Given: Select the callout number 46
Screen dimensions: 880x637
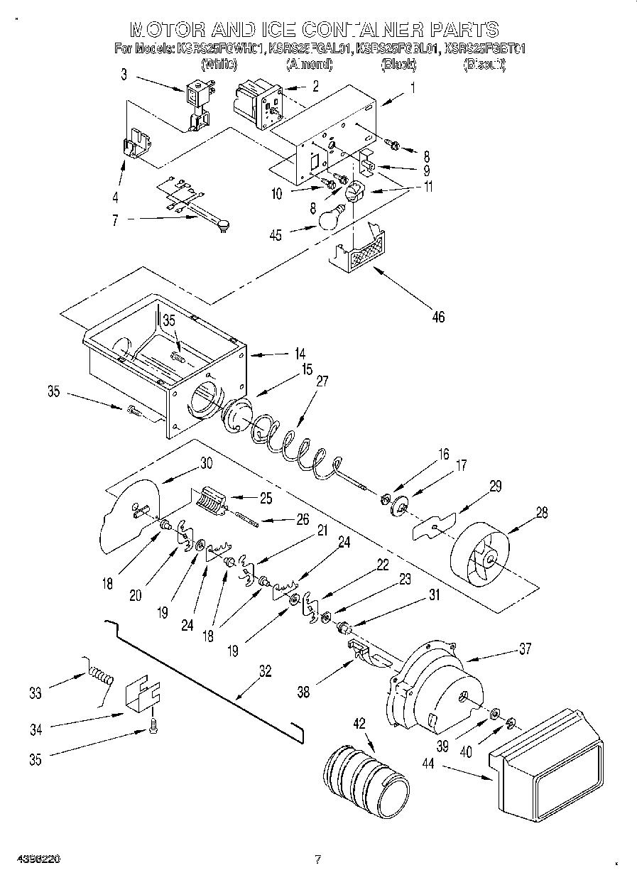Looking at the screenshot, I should click(x=438, y=317).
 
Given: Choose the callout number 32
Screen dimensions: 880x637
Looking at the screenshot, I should click(x=265, y=670).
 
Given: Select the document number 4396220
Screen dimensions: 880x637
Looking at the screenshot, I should click(x=35, y=859).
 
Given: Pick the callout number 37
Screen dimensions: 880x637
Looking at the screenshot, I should click(x=525, y=648).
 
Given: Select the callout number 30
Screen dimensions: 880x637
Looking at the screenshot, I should click(x=206, y=462).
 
